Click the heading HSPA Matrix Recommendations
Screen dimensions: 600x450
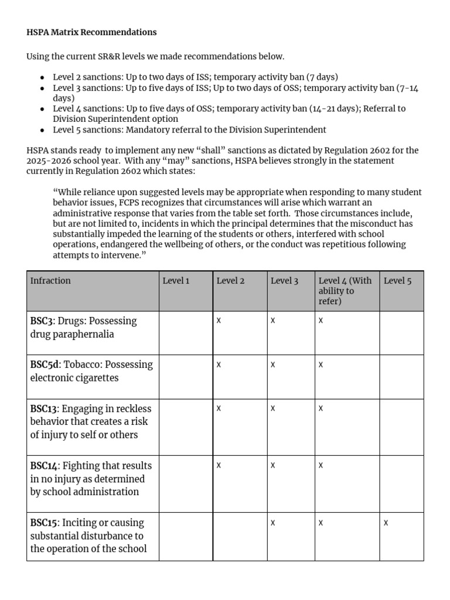(91, 32)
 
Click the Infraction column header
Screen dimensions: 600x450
(50, 281)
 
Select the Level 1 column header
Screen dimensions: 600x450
(176, 281)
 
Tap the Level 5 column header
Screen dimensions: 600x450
(397, 281)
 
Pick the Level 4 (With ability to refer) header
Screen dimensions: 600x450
(345, 291)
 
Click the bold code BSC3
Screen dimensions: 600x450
(42, 321)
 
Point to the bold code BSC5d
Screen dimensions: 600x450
(45, 364)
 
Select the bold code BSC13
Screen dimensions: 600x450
(44, 408)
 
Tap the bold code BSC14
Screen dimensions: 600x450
(44, 466)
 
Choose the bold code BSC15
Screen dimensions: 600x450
(44, 523)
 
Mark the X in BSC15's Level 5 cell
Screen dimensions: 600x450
(386, 523)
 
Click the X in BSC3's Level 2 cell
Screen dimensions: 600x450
(219, 321)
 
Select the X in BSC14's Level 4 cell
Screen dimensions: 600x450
(321, 465)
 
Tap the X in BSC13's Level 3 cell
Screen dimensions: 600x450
(273, 408)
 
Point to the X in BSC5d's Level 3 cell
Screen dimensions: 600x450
(273, 364)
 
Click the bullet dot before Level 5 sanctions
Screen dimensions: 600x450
(43, 130)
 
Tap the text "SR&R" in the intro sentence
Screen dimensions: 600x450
(109, 57)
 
